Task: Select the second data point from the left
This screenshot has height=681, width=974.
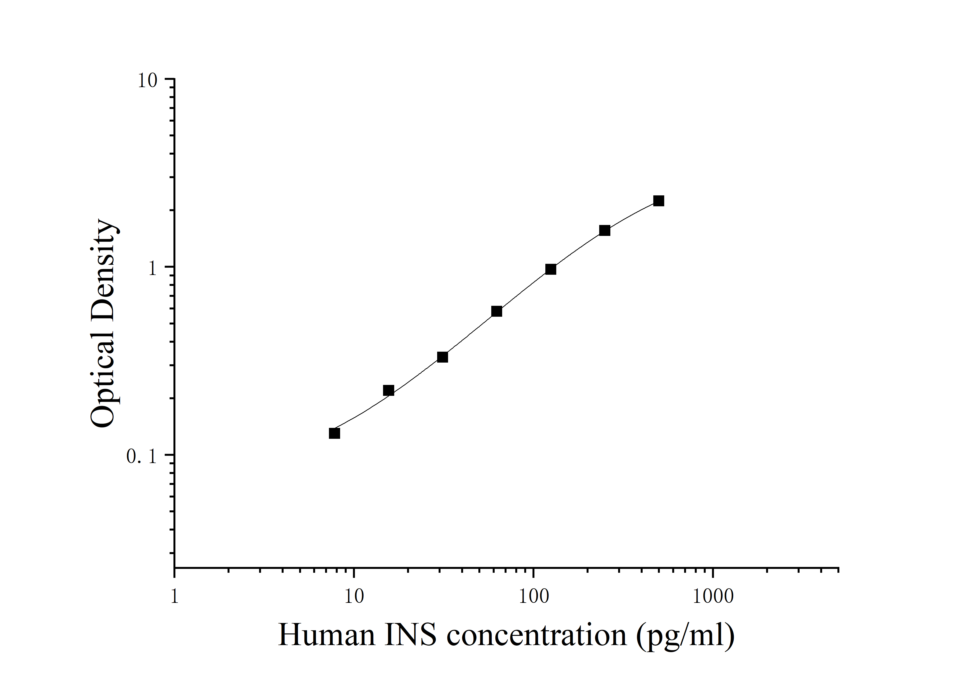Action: point(388,390)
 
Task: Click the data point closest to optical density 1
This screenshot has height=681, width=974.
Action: point(551,269)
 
